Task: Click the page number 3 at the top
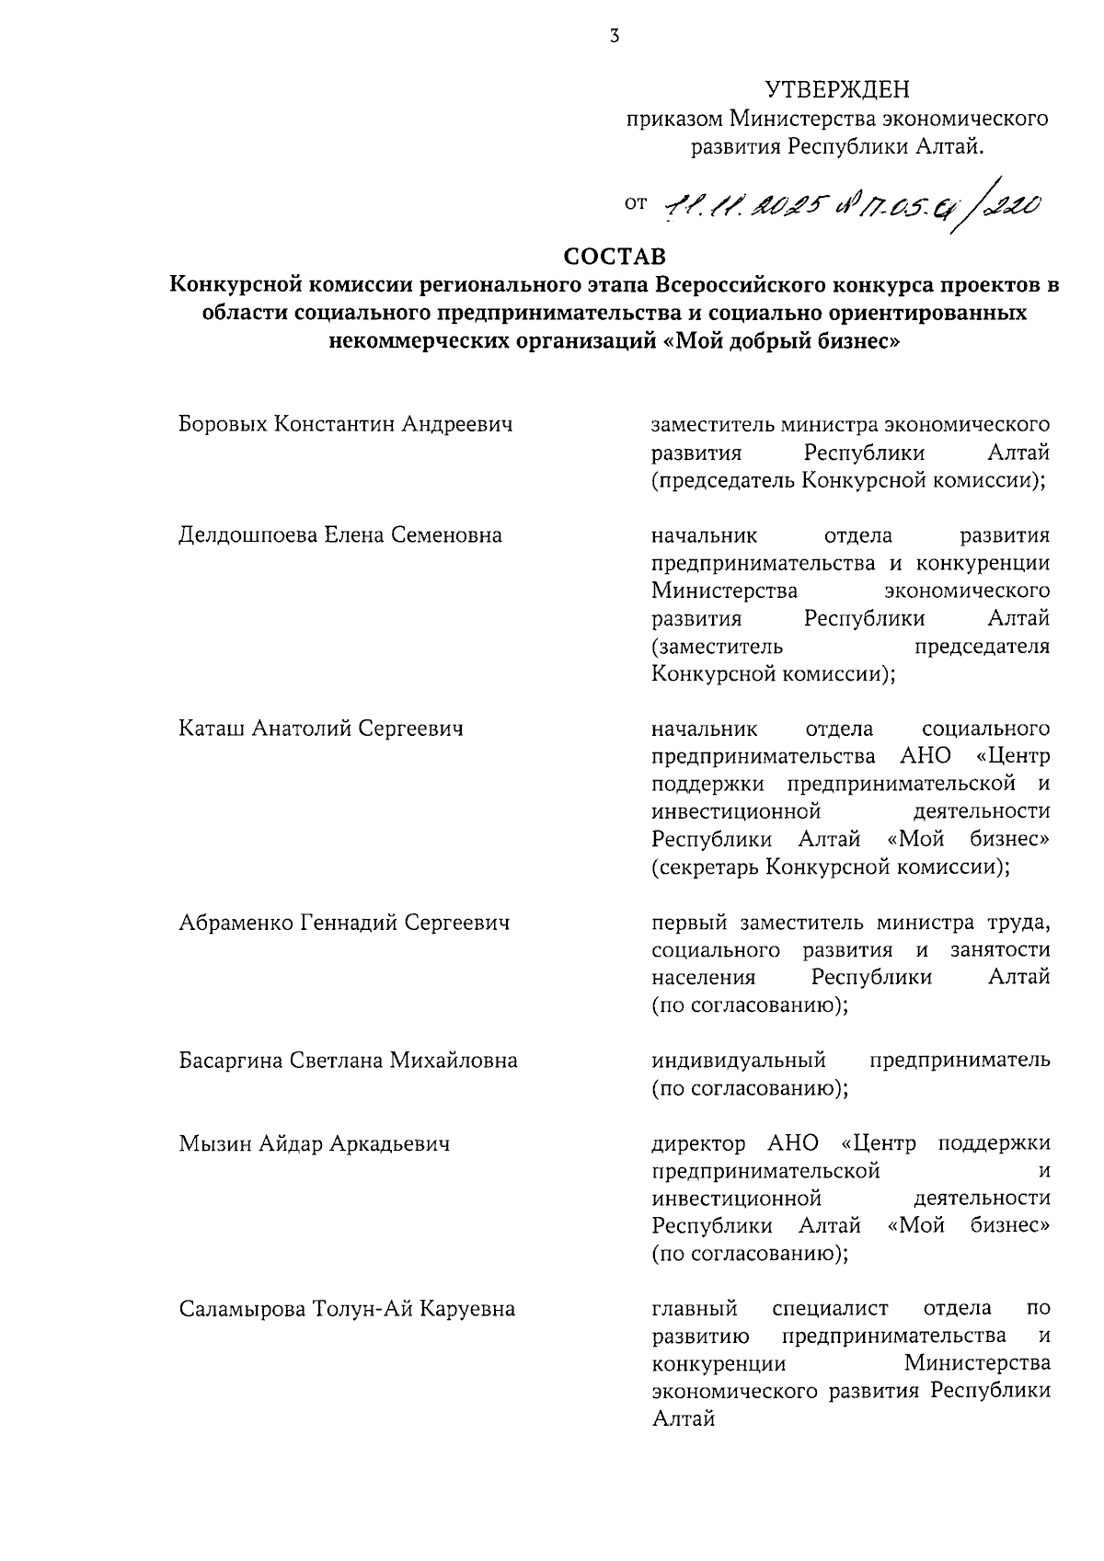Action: coord(615,36)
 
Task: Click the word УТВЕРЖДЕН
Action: coord(836,90)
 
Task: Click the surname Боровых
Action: coord(223,424)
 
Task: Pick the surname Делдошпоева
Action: coord(247,535)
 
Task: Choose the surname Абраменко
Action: coord(236,923)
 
